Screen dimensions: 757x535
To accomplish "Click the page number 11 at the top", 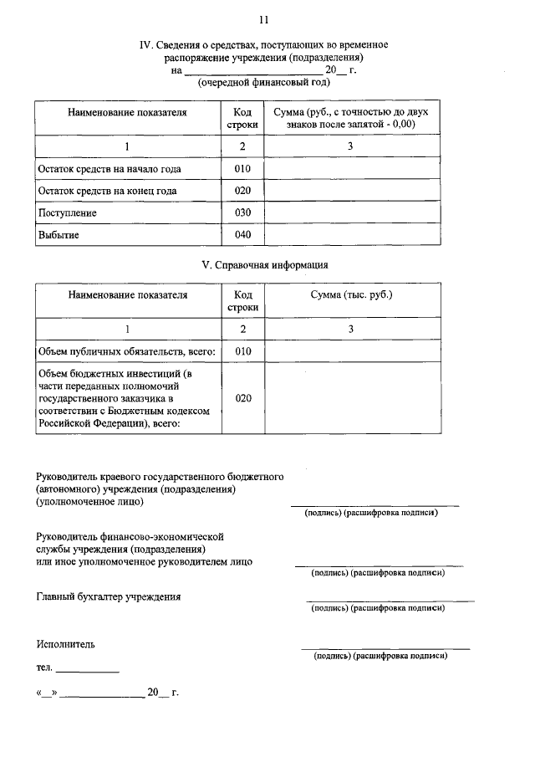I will [264, 18].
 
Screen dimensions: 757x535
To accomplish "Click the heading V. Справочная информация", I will [266, 265].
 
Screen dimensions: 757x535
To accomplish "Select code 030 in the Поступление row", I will [242, 213].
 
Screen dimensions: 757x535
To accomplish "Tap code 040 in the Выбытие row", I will [242, 235].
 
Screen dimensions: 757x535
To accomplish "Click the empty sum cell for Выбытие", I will [352, 235].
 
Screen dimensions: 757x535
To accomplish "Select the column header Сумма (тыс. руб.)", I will [352, 295].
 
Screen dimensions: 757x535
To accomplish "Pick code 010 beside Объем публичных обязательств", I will [242, 351].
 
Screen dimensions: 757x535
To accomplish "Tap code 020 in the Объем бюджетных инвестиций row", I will [242, 398].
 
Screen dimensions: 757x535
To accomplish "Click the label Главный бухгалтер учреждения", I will [109, 597].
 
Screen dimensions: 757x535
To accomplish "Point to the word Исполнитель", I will [65, 644].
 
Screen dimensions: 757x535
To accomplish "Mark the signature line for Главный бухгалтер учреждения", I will [390, 601].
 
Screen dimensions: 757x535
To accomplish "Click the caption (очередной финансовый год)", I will [264, 82].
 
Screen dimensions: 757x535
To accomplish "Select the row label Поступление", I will [67, 213].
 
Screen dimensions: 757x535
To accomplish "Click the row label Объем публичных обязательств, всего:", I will [127, 351].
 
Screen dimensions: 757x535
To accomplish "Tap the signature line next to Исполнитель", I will [385, 648].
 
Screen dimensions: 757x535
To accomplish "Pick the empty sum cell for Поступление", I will [352, 213].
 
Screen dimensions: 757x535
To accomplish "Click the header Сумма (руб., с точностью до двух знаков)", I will [352, 117].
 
